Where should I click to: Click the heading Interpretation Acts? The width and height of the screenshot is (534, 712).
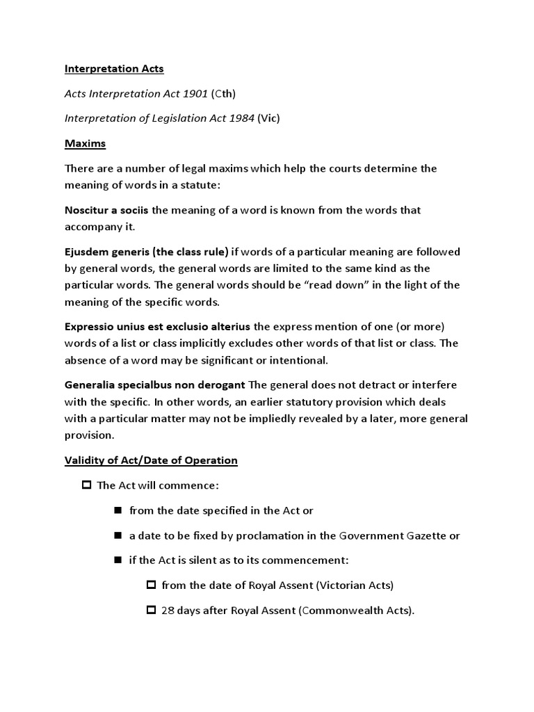114,69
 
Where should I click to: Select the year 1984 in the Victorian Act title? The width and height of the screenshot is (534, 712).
240,118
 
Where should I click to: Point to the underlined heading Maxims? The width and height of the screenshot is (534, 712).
84,143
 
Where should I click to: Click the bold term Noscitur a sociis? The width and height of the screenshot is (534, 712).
106,210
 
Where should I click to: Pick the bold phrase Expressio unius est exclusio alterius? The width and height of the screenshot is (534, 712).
158,326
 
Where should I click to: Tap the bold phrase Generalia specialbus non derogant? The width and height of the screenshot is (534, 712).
154,385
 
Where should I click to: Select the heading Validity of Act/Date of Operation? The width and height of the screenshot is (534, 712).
151,460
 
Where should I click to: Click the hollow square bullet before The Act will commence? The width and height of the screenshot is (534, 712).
87,485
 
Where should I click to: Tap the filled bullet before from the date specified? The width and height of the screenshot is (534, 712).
118,510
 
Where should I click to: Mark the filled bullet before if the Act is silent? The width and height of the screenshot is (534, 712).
118,560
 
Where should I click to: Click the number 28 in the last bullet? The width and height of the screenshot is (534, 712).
168,611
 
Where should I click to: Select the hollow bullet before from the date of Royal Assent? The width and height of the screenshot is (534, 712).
151,585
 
